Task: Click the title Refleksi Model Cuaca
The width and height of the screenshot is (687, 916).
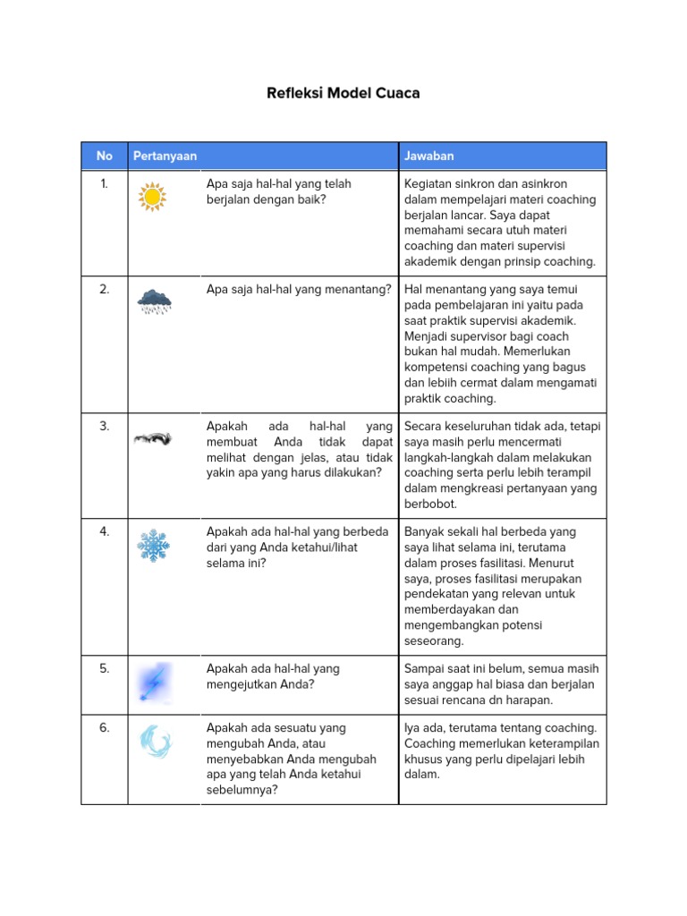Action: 343,93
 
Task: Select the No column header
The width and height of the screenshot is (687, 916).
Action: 105,156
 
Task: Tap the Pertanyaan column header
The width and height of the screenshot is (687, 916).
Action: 165,156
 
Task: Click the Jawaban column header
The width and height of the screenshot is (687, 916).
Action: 429,156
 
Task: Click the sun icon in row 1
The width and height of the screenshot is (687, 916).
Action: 153,195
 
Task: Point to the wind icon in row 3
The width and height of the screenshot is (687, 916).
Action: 153,437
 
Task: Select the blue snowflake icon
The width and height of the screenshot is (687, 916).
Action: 153,545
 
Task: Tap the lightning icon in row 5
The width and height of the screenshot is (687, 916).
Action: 153,683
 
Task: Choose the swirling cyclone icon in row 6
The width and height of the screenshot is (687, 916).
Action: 154,742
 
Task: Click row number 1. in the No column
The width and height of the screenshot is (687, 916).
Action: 105,183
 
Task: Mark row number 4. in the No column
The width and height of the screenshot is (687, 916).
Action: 105,531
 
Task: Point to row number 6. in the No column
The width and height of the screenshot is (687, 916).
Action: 105,728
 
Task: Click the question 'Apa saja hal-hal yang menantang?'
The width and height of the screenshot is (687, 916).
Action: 299,289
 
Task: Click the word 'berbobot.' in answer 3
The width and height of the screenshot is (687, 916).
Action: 431,505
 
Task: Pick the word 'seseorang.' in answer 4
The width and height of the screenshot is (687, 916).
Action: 434,641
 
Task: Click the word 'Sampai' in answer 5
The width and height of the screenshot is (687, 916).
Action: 424,668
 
